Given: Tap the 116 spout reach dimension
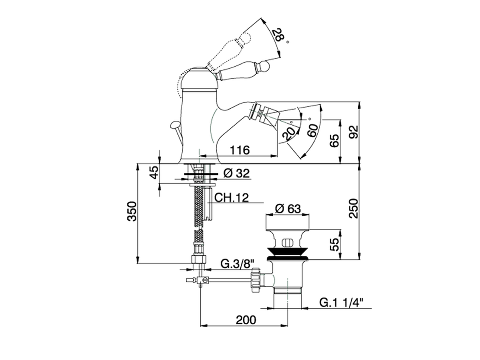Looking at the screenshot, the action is tap(240, 150).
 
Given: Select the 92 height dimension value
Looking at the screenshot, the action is tap(353, 132).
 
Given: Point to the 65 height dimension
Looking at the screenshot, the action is tap(334, 141).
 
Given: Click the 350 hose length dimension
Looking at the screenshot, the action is tap(132, 211).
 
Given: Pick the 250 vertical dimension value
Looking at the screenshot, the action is tap(353, 208).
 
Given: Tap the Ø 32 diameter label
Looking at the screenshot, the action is tap(237, 174).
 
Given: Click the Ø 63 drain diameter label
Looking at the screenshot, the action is tap(288, 209).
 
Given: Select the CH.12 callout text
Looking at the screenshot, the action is tap(231, 198).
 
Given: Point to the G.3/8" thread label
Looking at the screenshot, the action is tap(237, 264).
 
